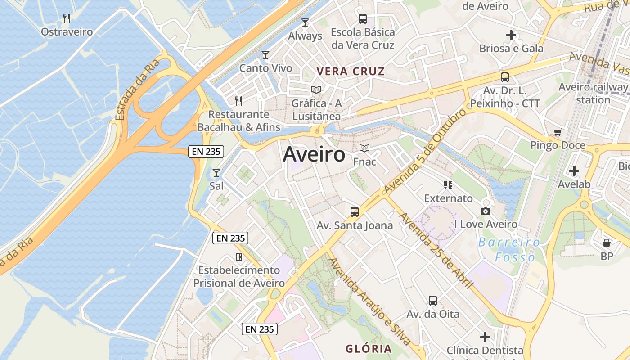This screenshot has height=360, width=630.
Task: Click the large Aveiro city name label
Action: tap(314, 155)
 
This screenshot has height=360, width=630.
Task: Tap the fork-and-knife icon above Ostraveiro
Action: tap(67, 18)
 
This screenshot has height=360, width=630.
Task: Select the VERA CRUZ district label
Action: tap(351, 72)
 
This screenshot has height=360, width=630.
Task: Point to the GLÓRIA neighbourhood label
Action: tap(369, 349)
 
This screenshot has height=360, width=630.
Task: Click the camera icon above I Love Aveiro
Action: tap(486, 211)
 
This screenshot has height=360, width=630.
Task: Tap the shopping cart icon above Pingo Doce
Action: tap(558, 132)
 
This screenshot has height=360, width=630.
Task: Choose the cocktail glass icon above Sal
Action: tap(216, 173)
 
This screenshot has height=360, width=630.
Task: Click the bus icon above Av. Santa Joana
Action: tap(355, 212)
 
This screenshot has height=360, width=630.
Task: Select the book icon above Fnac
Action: tap(364, 148)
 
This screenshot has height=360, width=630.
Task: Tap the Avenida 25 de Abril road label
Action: tap(436, 251)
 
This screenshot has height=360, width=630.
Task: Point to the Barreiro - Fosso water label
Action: tap(509, 250)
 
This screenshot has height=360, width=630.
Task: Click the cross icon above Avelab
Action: tap(574, 171)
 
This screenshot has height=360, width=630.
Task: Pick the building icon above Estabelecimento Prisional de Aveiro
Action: tap(239, 257)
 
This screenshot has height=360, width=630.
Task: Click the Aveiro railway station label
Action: tap(593, 93)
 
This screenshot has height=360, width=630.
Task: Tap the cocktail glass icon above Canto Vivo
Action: tap(265, 55)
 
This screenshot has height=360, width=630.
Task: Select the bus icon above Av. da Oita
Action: tap(433, 301)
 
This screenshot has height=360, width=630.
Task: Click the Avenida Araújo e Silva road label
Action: tap(369, 301)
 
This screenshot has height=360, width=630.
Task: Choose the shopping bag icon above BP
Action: tap(607, 243)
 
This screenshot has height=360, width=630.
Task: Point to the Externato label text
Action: tap(449, 198)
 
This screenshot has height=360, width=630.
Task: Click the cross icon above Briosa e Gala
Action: tap(511, 35)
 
